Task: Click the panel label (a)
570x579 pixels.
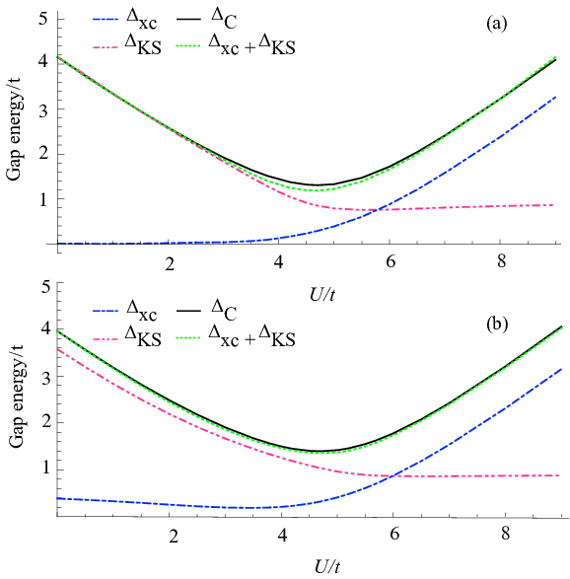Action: [497, 24]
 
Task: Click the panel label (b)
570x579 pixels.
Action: [497, 324]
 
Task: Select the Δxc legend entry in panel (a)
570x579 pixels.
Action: [125, 20]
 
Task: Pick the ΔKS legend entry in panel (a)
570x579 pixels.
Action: [127, 45]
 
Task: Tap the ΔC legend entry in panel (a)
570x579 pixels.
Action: [206, 19]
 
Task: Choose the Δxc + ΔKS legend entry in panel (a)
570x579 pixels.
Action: [237, 45]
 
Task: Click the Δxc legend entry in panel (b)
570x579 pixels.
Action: [125, 312]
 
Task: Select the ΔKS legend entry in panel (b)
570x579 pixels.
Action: [127, 337]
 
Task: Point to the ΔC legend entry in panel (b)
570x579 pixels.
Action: [206, 311]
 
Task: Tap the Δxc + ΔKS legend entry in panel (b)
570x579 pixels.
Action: [237, 336]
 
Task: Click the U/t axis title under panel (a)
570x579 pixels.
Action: [322, 295]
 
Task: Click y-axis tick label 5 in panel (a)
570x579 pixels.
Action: [43, 19]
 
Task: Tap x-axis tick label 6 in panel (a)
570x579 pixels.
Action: [391, 262]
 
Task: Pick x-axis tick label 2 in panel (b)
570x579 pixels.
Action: [174, 536]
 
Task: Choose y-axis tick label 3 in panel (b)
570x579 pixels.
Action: [45, 377]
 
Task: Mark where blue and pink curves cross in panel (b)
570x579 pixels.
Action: [392, 475]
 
